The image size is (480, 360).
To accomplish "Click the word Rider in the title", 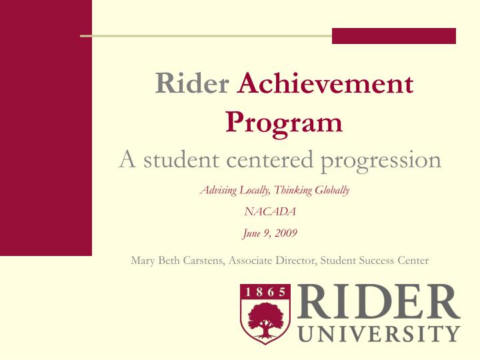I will point(192,85).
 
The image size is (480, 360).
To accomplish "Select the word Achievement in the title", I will point(325,85).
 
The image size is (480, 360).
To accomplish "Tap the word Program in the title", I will point(284,123).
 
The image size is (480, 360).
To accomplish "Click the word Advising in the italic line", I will point(217,191).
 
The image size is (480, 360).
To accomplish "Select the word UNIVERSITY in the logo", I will point(379,333).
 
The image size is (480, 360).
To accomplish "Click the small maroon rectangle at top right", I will point(393,36).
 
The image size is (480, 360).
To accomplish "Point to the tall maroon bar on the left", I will point(45,127).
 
